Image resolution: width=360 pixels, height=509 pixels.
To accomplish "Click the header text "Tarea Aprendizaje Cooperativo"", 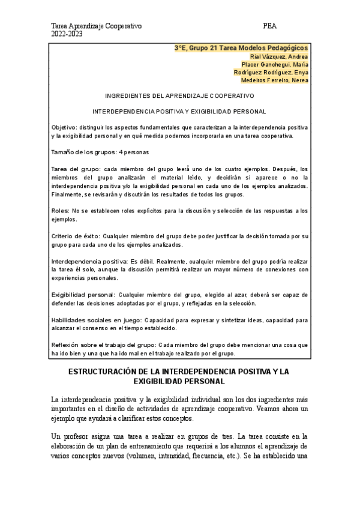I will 97,26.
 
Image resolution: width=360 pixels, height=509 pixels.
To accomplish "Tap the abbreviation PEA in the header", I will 269,26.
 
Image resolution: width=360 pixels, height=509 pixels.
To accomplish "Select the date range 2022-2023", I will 66,34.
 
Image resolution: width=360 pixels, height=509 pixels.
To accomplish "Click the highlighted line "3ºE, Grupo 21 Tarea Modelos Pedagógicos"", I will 241,47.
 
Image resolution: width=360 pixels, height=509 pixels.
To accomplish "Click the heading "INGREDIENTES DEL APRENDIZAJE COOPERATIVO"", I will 179,96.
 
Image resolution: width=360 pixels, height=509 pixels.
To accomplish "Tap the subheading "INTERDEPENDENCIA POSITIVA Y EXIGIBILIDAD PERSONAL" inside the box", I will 179,112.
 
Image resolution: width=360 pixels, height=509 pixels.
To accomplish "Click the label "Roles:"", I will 61,211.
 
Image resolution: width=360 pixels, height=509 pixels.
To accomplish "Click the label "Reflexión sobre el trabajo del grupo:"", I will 104,345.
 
